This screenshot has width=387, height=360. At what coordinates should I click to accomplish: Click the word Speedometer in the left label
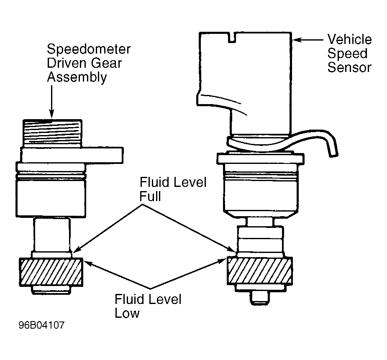click(88, 49)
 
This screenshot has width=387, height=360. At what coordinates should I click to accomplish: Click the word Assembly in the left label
click(77, 77)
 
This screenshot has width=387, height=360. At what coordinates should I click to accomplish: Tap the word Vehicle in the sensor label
click(349, 40)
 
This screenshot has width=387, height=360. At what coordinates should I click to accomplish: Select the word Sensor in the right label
click(349, 67)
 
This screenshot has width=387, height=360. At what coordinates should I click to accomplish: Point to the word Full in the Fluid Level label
click(150, 197)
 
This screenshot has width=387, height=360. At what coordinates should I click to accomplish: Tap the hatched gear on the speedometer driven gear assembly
click(51, 271)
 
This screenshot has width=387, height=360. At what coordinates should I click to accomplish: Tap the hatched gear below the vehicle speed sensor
click(259, 271)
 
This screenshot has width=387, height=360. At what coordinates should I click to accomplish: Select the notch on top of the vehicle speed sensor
click(232, 38)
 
